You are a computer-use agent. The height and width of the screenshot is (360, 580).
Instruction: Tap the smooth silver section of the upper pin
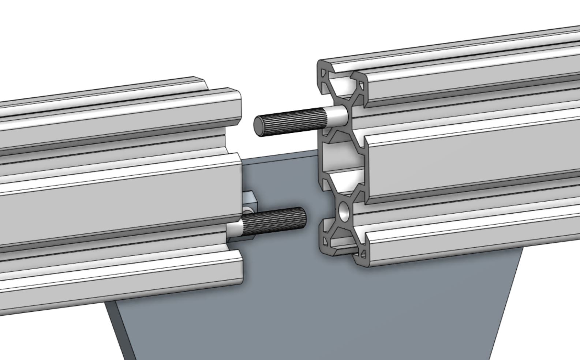click(x=337, y=115)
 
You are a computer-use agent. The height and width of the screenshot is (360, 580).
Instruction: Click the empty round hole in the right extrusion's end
click(x=344, y=212)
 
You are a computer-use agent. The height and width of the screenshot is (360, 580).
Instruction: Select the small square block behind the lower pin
click(x=250, y=200)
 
